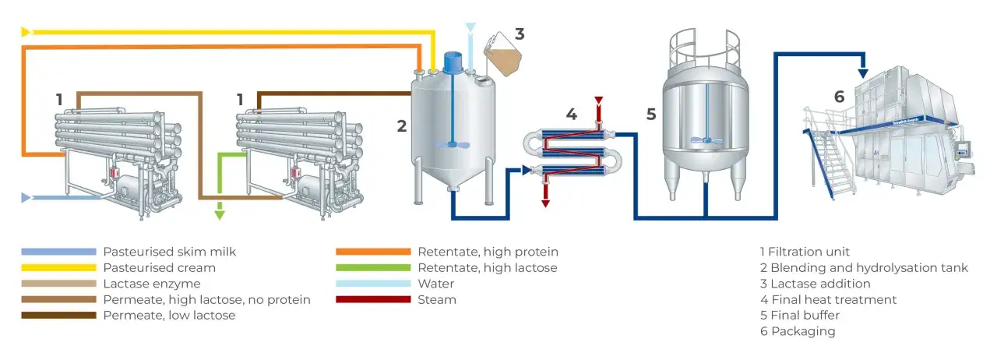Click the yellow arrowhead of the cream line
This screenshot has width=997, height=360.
(26, 32)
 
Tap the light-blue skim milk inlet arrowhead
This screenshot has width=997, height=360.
(26, 197)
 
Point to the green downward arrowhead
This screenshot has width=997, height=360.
(220, 215)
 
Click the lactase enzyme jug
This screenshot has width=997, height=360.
(502, 55)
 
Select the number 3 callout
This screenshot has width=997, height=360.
(520, 34)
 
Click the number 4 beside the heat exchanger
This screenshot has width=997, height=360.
(572, 114)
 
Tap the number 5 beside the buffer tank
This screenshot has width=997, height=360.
(651, 114)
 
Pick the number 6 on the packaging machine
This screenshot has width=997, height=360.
(839, 97)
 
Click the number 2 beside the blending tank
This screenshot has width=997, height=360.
(401, 126)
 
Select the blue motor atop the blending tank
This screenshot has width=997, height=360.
(453, 63)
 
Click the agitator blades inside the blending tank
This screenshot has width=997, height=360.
(453, 144)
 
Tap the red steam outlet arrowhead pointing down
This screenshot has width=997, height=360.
(545, 203)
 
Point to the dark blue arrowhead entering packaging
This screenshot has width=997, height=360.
(863, 73)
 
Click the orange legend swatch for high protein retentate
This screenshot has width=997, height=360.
(373, 252)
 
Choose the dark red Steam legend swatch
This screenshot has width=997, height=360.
(373, 299)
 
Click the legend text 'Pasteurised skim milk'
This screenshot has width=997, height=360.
(170, 252)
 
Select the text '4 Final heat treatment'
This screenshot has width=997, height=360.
(828, 299)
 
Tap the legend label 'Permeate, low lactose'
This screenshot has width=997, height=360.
(169, 316)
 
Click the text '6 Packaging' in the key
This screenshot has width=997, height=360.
(798, 331)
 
